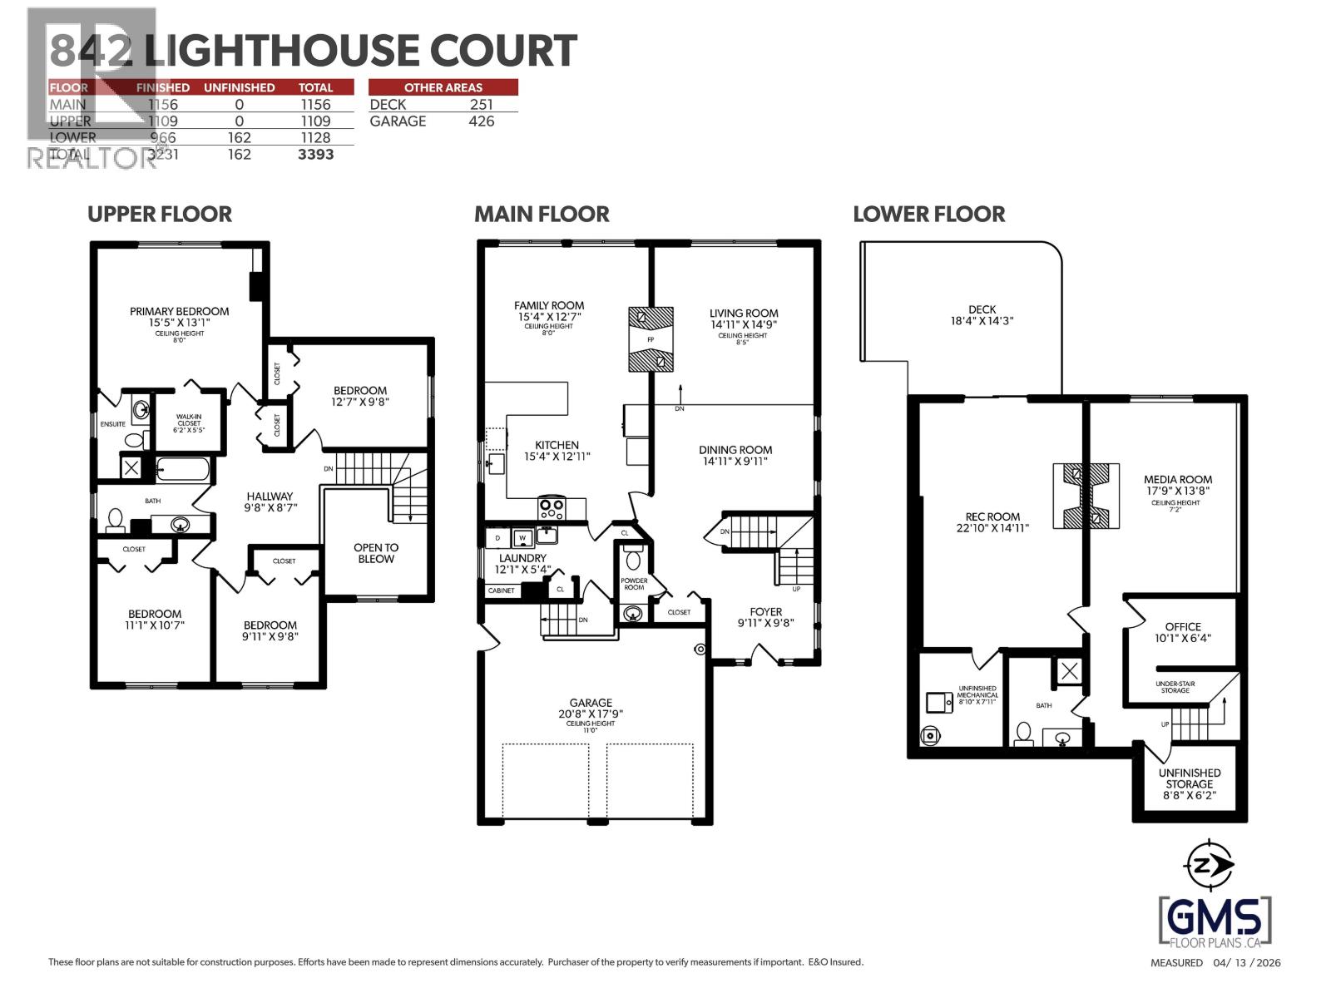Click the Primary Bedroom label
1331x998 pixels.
[x=179, y=311]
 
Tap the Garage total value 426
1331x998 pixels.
[x=481, y=121]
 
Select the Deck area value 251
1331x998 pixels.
[x=481, y=105]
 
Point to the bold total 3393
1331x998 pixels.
[x=315, y=155]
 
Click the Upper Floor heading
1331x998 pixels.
[x=160, y=214]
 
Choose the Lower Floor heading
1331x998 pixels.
[x=928, y=214]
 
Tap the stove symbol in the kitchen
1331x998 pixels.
[x=551, y=506]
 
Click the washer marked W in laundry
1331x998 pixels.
[x=522, y=537]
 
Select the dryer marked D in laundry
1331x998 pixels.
[x=497, y=537]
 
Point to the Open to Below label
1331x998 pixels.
[x=376, y=553]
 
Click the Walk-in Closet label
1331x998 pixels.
[x=188, y=423]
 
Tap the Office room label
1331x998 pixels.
[x=1182, y=627]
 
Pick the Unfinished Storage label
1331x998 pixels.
[x=1189, y=778]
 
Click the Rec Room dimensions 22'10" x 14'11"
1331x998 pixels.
[x=992, y=527]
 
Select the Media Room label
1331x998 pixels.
[x=1177, y=479]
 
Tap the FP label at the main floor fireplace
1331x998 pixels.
[x=651, y=340]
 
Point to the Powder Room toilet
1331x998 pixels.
[x=633, y=555]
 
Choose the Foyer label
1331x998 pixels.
[x=765, y=611]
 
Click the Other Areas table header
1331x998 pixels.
[x=443, y=87]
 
